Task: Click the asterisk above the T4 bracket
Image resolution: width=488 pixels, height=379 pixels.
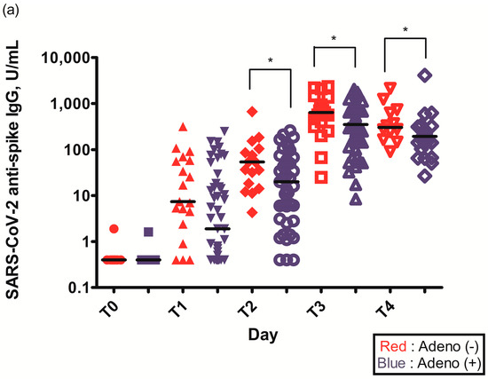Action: point(405,29)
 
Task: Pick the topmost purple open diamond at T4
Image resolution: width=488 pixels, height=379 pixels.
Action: point(425,75)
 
